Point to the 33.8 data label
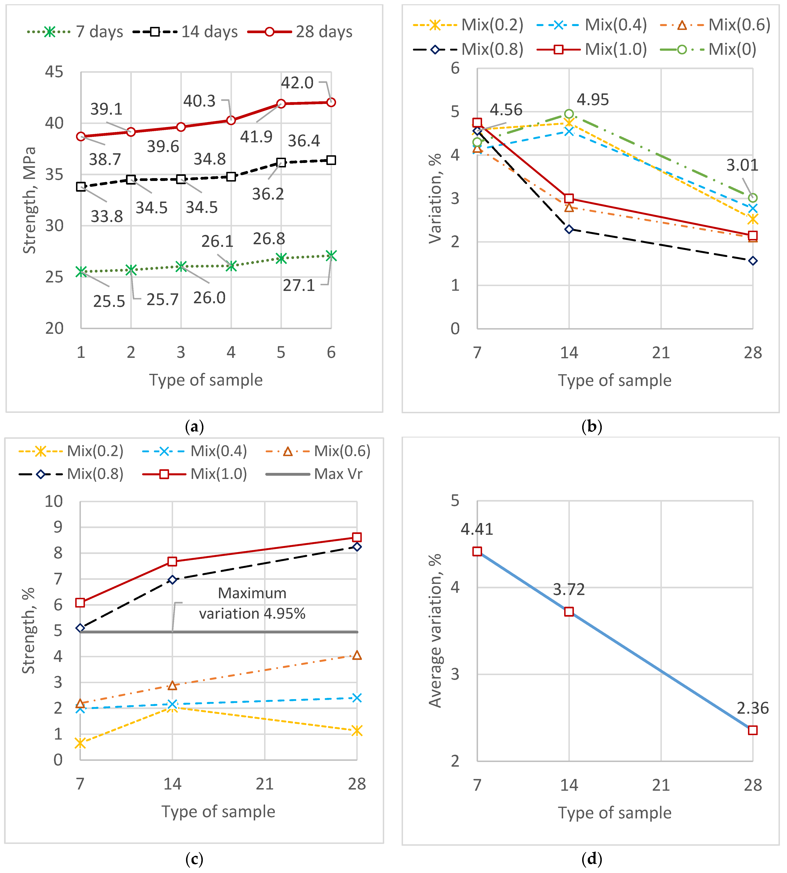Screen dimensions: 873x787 point(106,216)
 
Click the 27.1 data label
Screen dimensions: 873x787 point(299,285)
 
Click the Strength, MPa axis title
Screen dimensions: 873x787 point(29,200)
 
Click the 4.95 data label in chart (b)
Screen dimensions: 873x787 point(593,99)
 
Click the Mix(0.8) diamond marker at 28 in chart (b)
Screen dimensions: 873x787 point(753,261)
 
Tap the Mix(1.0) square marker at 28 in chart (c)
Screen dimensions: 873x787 point(357,537)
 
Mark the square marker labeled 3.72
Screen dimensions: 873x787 point(569,611)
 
